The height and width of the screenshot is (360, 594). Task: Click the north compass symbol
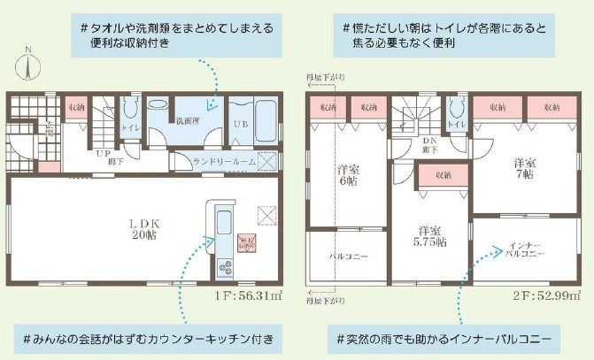click(x=29, y=65)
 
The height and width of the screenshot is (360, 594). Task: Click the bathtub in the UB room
click(x=265, y=121)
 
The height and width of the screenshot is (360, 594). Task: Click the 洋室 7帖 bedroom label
click(x=526, y=168)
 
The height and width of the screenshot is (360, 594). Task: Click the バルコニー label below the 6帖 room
click(x=349, y=257)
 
